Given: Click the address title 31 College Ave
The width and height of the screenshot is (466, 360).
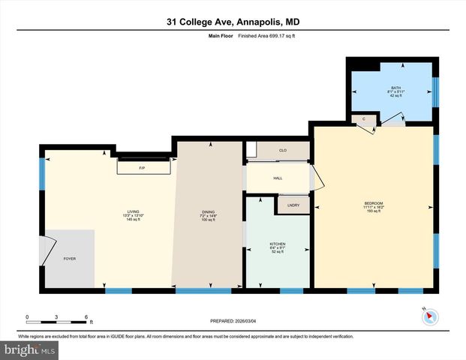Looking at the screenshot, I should (233, 22).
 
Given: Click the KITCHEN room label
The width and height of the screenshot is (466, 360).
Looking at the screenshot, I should (278, 244).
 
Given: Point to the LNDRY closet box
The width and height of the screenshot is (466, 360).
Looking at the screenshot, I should (292, 205).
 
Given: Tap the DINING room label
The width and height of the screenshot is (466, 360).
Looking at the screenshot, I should (207, 212).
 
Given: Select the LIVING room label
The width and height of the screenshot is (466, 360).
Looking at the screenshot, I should (133, 212).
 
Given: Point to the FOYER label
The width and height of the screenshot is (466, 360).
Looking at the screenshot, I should (69, 259).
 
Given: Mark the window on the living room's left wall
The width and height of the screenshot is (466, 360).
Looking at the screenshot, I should (42, 173).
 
